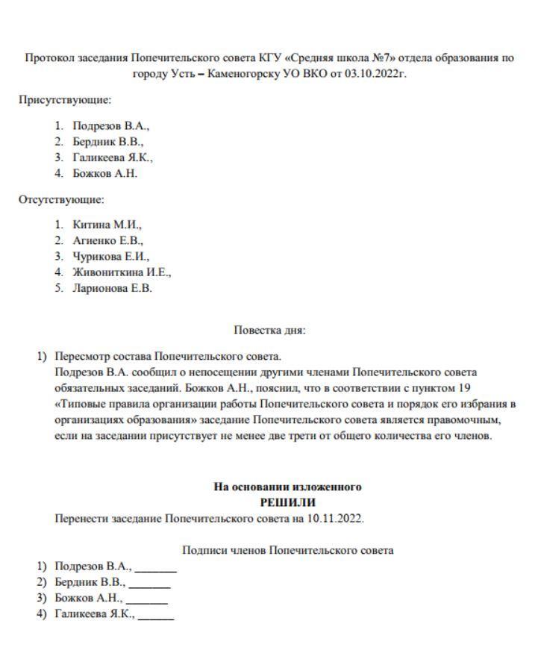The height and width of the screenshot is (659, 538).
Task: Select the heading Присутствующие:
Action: pos(66,99)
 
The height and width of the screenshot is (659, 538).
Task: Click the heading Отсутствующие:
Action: pos(62,199)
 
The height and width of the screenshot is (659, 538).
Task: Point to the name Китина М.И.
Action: pos(107,224)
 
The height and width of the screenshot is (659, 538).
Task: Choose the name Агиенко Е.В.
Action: pos(107,240)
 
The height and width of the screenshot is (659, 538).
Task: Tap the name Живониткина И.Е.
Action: pos(122,272)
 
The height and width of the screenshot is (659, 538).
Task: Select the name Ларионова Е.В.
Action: pos(112,289)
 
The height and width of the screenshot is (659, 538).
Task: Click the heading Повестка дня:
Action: pos(269,330)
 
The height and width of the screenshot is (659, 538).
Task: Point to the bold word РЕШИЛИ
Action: pos(287,502)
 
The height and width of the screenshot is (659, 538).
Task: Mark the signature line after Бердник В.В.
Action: pos(149,587)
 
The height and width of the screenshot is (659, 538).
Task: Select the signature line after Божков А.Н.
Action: pos(147,603)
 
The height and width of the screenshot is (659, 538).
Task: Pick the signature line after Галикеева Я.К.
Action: pos(156,619)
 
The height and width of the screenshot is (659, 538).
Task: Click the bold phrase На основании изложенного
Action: pos(287,487)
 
